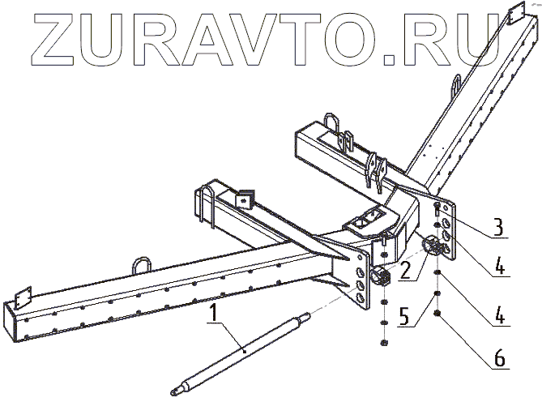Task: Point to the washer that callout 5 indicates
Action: (x=438, y=294)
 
